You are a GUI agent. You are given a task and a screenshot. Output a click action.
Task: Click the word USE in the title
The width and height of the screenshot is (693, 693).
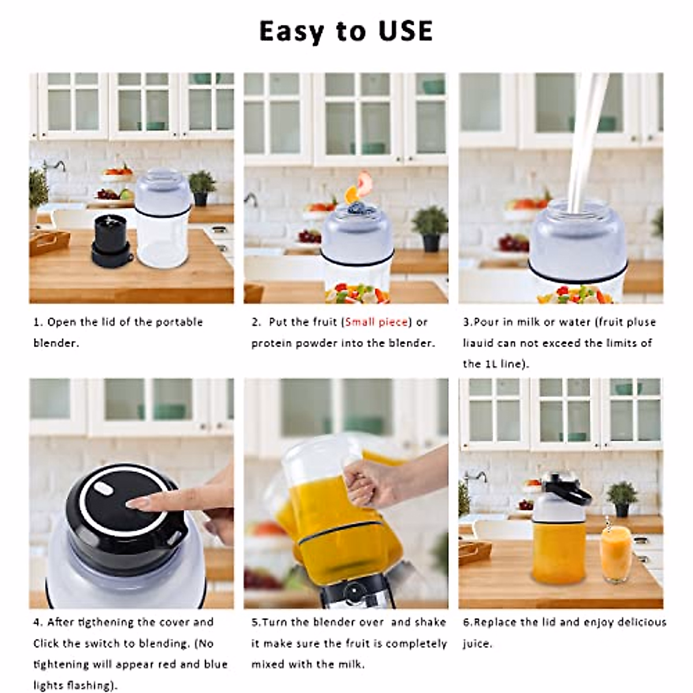point(405,31)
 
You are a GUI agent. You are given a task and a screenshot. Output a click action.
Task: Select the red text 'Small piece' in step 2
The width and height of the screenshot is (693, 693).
point(377,322)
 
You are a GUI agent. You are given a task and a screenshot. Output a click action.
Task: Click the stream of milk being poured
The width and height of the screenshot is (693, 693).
point(583,150)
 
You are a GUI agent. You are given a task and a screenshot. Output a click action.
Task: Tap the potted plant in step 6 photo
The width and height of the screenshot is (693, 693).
point(622,498)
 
